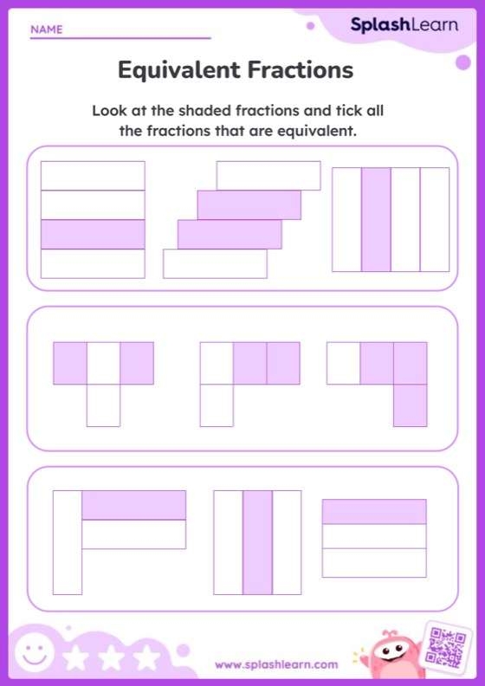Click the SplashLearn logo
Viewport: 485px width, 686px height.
pos(404,25)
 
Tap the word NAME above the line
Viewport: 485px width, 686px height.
pos(47,29)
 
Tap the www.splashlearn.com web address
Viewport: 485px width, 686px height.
pos(276,664)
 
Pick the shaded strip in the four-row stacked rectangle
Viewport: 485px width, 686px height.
pos(93,234)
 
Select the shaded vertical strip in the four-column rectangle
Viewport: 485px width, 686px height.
pos(376,219)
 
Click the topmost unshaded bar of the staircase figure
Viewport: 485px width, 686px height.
pos(268,175)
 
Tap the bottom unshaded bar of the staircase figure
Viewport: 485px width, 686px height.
pos(215,263)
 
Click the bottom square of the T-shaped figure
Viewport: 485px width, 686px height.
pos(103,405)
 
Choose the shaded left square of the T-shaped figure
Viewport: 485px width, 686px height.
pos(70,363)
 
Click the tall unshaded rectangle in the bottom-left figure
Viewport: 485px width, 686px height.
pos(67,542)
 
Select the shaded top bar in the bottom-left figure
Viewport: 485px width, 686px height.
pos(134,505)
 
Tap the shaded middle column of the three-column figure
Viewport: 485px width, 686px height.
pos(257,542)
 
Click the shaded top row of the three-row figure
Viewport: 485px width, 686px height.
pos(374,512)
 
